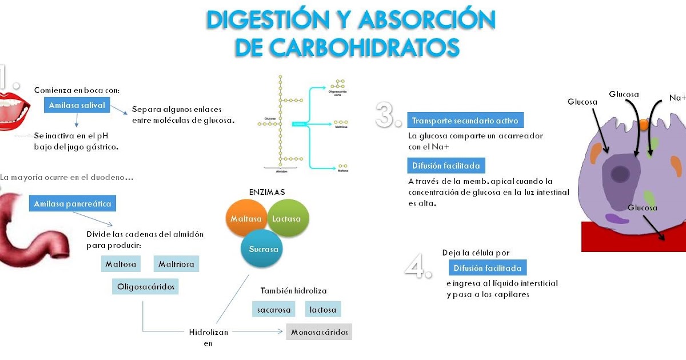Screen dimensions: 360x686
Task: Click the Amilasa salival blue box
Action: tap(77, 105)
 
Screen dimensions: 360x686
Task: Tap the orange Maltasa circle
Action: tap(246, 219)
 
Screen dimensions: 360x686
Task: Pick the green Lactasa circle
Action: tap(288, 219)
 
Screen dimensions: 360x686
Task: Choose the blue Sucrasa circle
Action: tap(263, 249)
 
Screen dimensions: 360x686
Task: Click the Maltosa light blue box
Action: tap(121, 264)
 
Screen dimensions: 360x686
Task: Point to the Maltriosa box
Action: tap(176, 264)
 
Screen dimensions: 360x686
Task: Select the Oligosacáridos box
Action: tap(145, 286)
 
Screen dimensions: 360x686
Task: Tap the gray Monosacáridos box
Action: tap(319, 332)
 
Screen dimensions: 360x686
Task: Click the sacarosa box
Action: tap(274, 310)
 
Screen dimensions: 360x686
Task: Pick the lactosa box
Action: tap(323, 310)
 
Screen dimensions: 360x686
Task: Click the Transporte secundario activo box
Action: tap(465, 121)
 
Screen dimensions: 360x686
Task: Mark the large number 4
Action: tap(418, 266)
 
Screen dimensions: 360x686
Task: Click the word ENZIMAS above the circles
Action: tap(266, 192)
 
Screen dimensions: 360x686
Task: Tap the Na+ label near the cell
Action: tap(677, 98)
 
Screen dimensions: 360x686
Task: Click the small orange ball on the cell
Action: tap(644, 123)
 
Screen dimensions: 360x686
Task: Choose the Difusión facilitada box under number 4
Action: tap(487, 268)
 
